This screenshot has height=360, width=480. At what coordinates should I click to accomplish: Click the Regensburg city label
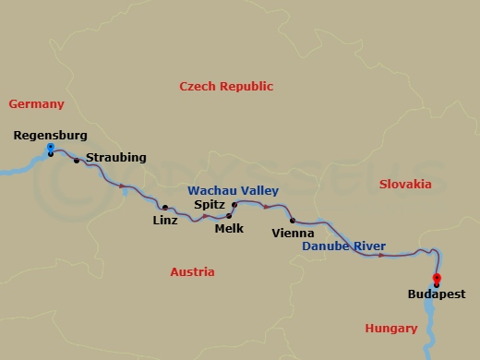tap(51, 136)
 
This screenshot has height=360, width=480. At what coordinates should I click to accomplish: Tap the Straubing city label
tap(115, 158)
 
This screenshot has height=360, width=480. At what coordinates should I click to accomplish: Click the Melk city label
tap(229, 227)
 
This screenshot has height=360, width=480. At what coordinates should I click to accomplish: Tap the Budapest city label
tap(436, 295)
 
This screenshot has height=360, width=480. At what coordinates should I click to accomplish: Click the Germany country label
tap(35, 104)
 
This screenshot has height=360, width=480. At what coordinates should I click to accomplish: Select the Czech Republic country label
tap(225, 86)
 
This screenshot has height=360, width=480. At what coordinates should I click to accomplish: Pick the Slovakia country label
tap(405, 185)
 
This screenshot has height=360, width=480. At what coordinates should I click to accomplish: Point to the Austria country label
tap(192, 272)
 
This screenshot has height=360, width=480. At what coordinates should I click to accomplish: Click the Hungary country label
tap(390, 328)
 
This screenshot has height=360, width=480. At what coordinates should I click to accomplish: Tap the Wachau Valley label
tap(233, 191)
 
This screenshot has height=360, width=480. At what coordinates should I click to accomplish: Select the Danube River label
tap(344, 246)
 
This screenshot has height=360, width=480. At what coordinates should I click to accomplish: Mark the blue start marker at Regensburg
tap(50, 147)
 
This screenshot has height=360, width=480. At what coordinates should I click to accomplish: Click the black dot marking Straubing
tap(77, 161)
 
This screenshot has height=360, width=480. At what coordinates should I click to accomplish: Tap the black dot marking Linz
tap(165, 208)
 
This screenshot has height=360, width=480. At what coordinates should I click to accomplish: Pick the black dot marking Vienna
tap(293, 221)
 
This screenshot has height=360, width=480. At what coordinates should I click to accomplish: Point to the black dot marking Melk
tap(229, 216)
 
